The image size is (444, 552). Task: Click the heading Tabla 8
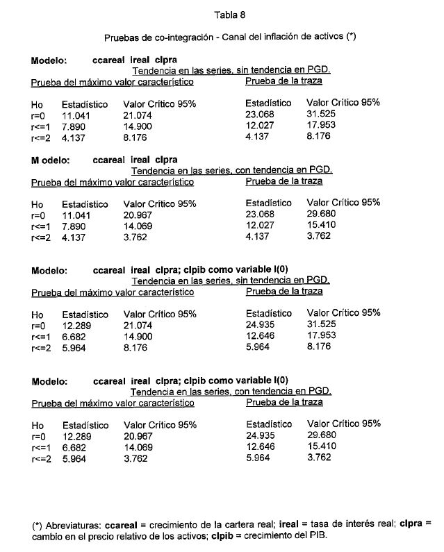(x=229, y=14)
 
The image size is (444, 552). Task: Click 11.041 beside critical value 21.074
(x=76, y=115)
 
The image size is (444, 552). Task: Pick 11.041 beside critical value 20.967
(x=76, y=215)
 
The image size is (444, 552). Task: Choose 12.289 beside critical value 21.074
(x=76, y=325)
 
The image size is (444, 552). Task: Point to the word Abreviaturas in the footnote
(x=73, y=525)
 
